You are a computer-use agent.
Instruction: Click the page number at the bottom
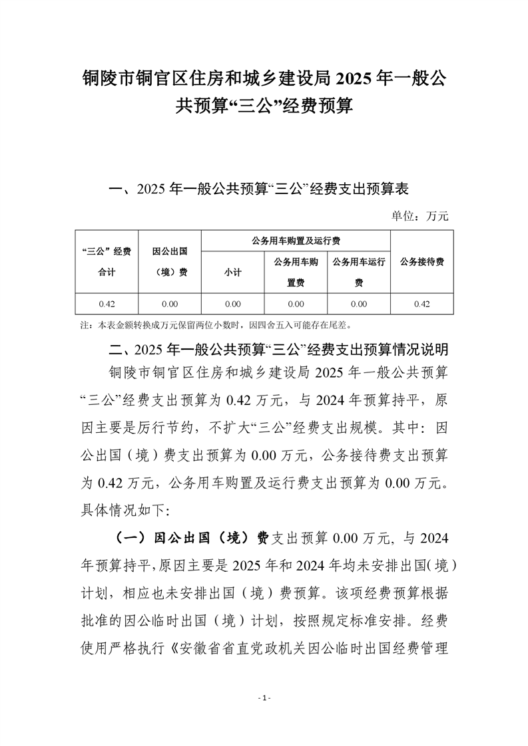click(264, 698)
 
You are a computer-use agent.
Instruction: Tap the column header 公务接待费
click(421, 261)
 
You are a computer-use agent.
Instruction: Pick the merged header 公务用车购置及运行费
click(296, 240)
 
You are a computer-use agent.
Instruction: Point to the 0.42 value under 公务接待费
click(421, 304)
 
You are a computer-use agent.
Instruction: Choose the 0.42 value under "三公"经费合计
click(107, 304)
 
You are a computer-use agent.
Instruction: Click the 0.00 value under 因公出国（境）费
click(169, 304)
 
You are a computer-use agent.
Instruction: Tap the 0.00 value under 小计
click(232, 304)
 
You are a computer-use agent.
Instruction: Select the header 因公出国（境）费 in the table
click(169, 261)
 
